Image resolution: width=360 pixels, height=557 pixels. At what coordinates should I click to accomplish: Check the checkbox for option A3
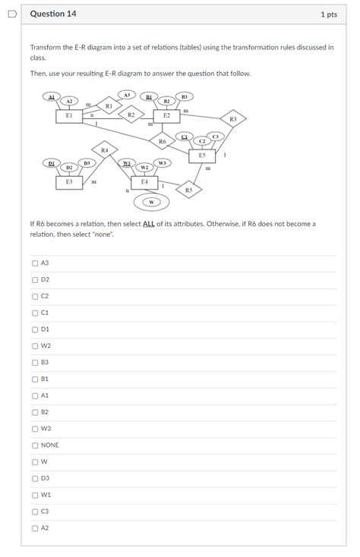[35, 263]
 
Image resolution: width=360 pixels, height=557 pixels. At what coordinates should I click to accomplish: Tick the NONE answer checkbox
[35, 445]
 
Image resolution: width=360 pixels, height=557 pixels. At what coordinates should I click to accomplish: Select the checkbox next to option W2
[35, 346]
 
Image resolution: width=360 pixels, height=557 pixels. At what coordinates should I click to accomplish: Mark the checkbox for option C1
[35, 313]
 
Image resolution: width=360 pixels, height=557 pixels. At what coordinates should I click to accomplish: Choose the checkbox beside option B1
[35, 379]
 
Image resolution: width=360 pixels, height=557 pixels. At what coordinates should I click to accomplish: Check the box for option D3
[35, 478]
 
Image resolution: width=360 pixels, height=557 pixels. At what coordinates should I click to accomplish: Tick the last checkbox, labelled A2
[35, 528]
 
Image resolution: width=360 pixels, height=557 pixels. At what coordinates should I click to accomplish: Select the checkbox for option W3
[35, 429]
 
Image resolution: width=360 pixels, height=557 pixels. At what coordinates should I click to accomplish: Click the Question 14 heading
[53, 14]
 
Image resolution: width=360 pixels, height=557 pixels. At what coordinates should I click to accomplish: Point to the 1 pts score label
[328, 14]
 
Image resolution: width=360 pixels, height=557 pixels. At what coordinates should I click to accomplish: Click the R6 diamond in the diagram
[162, 141]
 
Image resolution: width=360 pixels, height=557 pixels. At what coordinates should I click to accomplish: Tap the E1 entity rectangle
[68, 116]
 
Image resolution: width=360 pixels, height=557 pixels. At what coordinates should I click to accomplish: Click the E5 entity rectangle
[201, 156]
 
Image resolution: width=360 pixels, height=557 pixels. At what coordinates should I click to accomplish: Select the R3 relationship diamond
[232, 119]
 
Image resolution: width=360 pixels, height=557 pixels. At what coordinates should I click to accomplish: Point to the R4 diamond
[104, 150]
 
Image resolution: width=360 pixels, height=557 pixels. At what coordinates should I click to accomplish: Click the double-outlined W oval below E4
[151, 202]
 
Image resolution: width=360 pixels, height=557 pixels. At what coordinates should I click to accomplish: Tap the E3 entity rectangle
[69, 182]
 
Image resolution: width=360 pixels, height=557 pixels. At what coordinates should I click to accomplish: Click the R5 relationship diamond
[188, 190]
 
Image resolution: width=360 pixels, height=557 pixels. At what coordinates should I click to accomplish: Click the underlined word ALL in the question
[149, 225]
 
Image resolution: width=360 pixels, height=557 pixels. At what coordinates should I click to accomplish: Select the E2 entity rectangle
[166, 115]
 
